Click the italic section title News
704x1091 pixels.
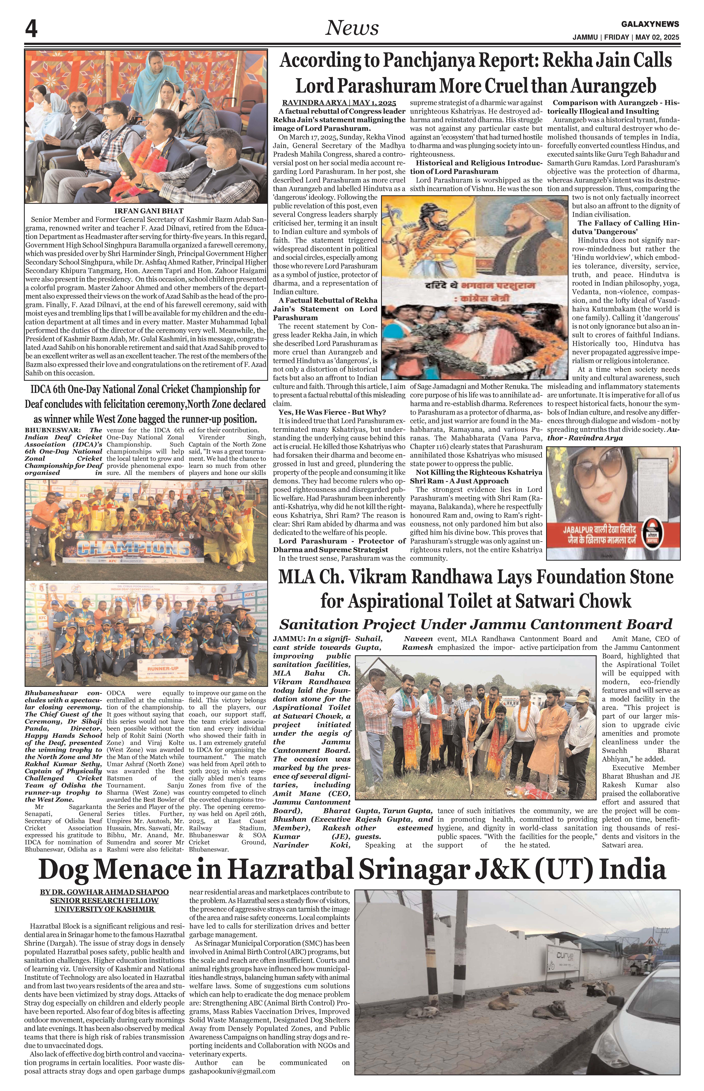click(352, 28)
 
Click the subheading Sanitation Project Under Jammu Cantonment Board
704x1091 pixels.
click(475, 624)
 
